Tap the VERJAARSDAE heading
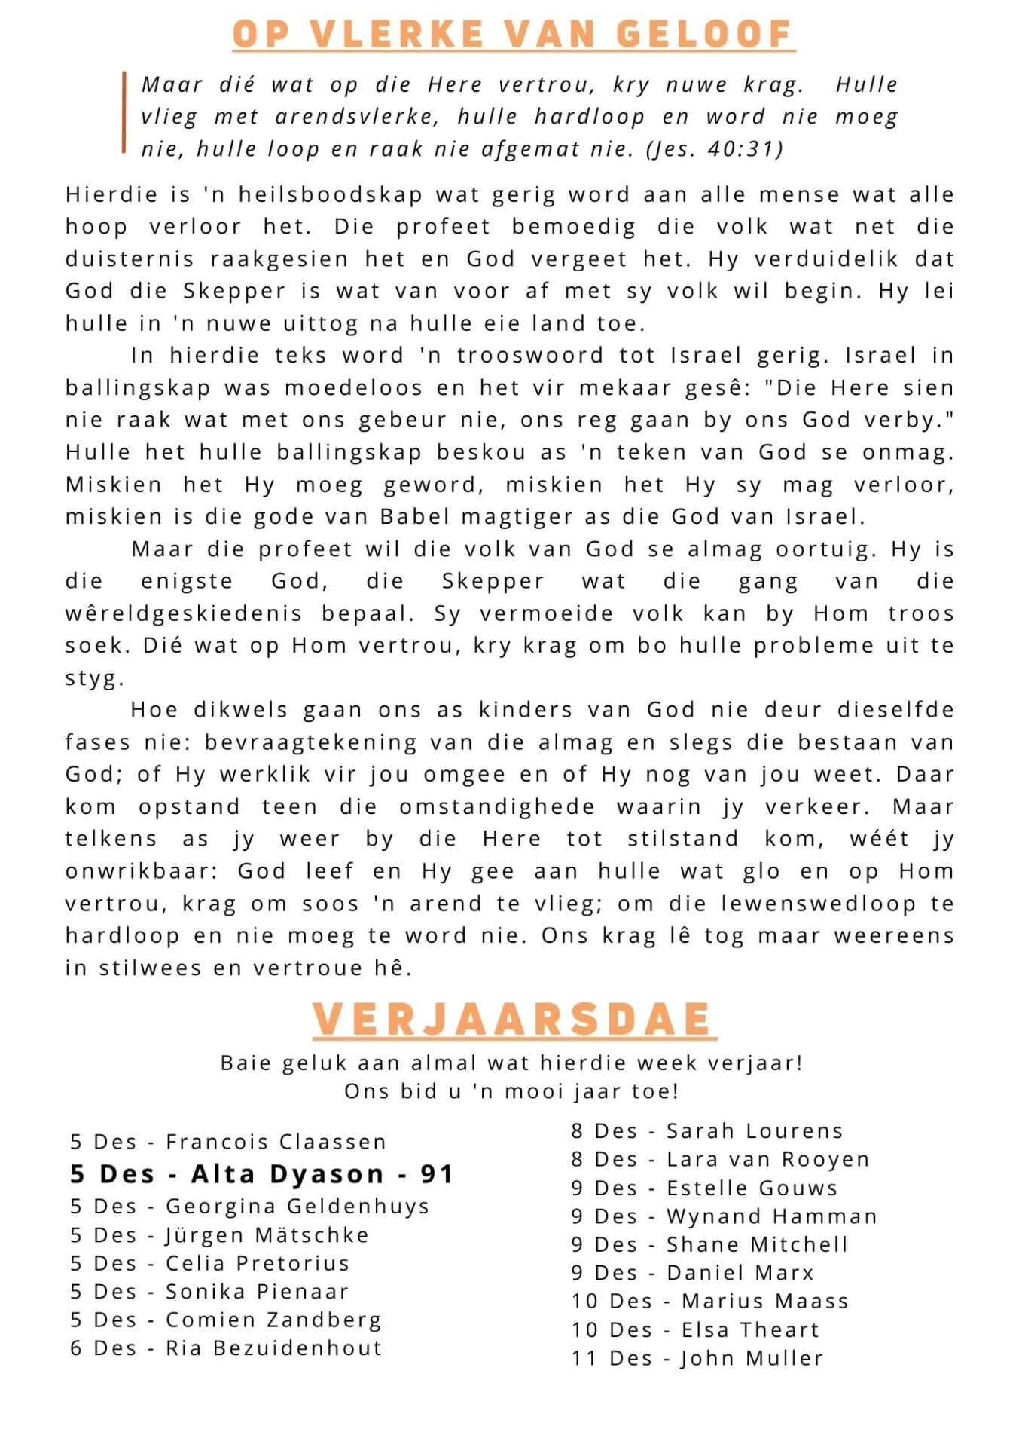click(514, 1019)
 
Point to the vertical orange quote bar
click(124, 113)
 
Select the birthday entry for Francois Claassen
click(228, 1142)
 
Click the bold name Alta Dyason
click(288, 1173)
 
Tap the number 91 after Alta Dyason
click(437, 1173)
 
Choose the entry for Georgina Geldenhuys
click(249, 1206)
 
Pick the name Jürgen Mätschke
click(267, 1234)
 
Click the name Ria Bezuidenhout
click(274, 1348)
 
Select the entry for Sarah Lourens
click(706, 1130)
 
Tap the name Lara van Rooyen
click(768, 1159)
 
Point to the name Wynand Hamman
click(772, 1216)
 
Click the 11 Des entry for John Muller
click(697, 1358)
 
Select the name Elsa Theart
click(750, 1329)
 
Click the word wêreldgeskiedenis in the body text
click(184, 613)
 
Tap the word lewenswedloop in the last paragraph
click(818, 903)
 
